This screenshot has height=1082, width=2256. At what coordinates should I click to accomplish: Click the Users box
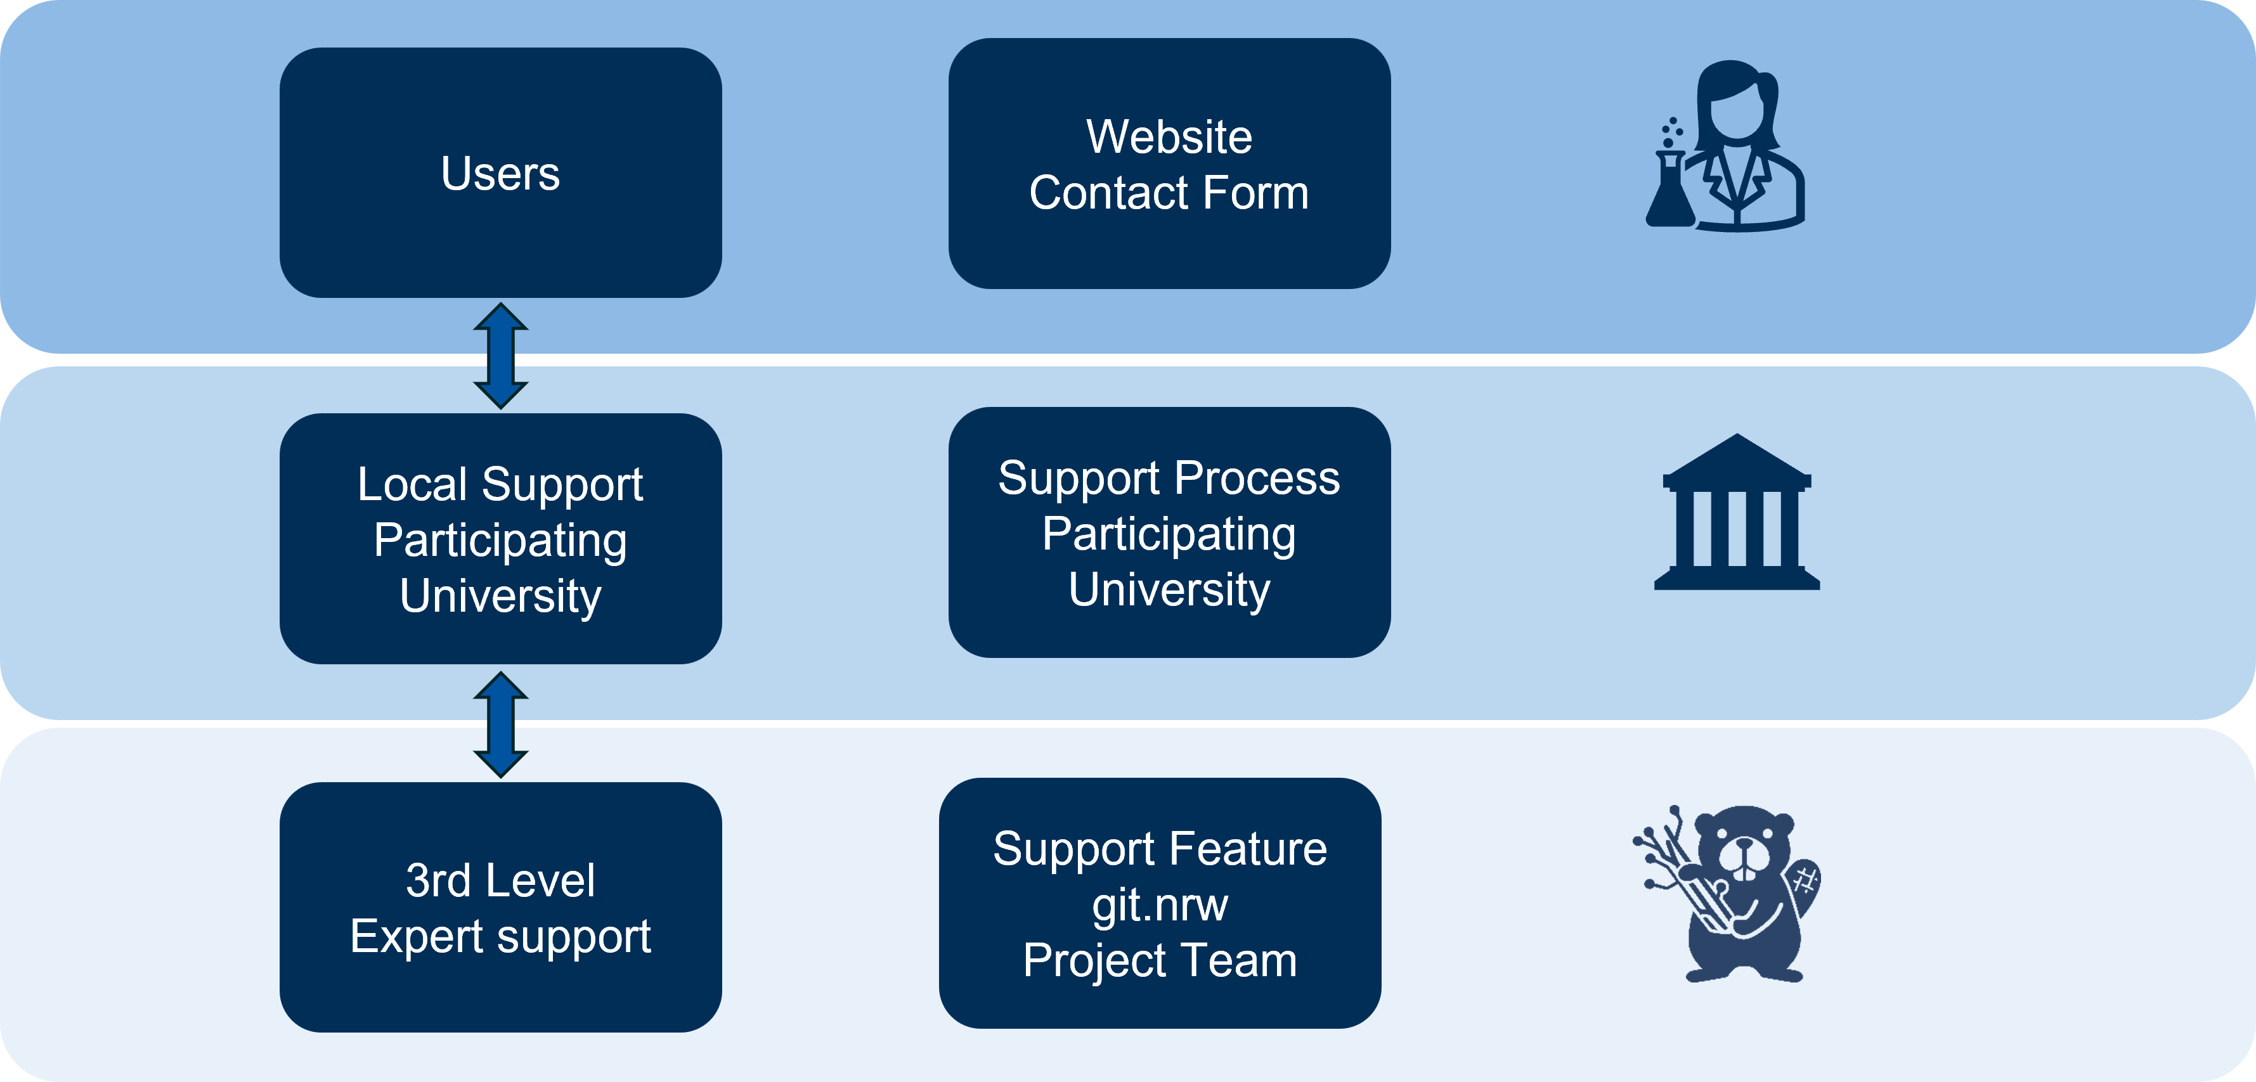point(500,173)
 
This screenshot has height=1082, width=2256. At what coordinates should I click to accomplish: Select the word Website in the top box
point(1169,138)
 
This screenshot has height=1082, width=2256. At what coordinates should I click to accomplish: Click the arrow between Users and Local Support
point(500,356)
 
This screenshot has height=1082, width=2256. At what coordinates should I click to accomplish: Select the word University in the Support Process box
point(1169,589)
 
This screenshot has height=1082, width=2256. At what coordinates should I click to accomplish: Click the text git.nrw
point(1160,905)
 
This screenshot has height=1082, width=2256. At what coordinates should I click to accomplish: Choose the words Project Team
point(1160,960)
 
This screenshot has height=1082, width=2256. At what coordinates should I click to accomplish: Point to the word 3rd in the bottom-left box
point(438,880)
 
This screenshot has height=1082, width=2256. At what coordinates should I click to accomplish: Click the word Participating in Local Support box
point(500,540)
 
